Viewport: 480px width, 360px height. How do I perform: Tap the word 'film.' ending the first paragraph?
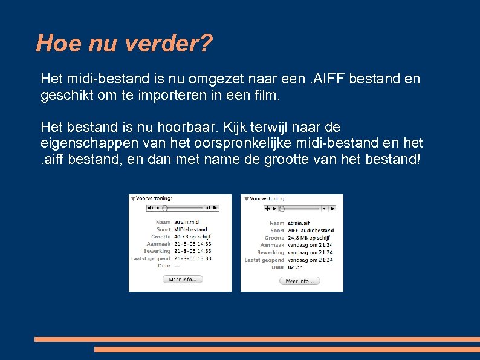pyautogui.click(x=268, y=96)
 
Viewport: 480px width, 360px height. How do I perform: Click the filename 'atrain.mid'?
pyautogui.click(x=187, y=222)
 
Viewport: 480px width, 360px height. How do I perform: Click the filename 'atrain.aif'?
pyautogui.click(x=299, y=223)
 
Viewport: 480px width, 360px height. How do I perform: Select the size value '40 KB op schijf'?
pyautogui.click(x=192, y=237)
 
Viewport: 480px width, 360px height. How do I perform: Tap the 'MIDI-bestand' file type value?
pyautogui.click(x=190, y=229)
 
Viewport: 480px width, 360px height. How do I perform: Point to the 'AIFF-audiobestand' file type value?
pyautogui.click(x=310, y=230)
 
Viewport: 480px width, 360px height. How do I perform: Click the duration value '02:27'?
pyautogui.click(x=295, y=267)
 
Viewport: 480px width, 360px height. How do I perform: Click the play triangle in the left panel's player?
pyautogui.click(x=157, y=208)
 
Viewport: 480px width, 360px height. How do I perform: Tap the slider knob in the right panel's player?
pyautogui.click(x=281, y=208)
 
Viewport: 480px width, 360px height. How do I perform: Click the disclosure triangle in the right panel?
pyautogui.click(x=246, y=198)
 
